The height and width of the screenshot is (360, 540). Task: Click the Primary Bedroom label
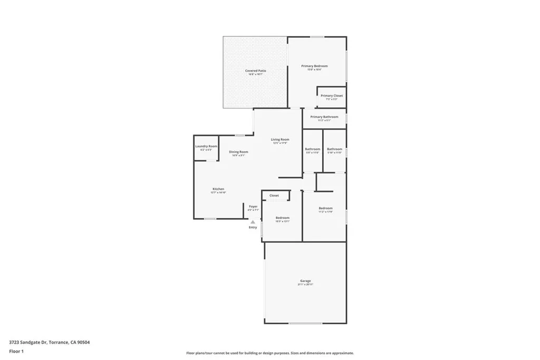point(314,66)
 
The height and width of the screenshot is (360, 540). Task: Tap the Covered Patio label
point(255,71)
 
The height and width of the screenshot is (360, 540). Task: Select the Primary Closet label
point(332,96)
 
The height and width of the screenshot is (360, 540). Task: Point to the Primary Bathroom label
point(324,117)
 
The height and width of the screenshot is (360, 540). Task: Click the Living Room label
point(280,140)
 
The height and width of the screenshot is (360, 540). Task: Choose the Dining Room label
point(238,152)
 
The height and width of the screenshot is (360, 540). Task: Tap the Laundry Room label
point(206,146)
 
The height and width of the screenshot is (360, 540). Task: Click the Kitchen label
point(218,189)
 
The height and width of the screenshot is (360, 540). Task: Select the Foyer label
point(253,206)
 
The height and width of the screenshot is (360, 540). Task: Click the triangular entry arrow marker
point(253,222)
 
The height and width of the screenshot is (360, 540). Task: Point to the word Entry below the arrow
point(253,227)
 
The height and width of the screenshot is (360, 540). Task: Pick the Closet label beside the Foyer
point(274,196)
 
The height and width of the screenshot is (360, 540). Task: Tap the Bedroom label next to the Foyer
point(282,218)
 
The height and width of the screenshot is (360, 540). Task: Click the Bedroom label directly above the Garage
point(325,208)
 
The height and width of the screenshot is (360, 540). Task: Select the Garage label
point(305,281)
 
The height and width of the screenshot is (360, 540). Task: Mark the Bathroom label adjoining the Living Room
point(313,149)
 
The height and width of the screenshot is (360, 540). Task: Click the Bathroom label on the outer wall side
point(334,149)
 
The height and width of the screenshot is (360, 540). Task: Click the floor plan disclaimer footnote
point(269,353)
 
